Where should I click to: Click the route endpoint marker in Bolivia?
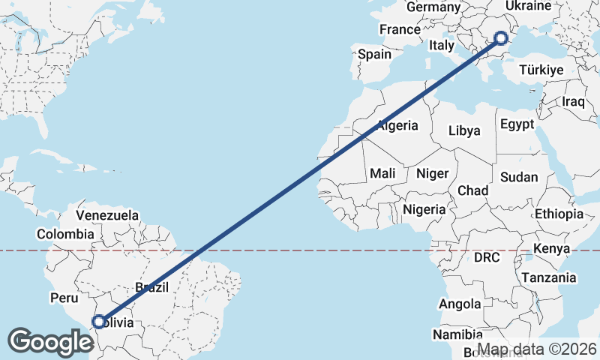click(98, 322)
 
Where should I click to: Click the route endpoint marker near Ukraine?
click(502, 37)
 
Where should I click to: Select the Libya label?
click(464, 130)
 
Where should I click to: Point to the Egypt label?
click(517, 124)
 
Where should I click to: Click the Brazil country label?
click(153, 286)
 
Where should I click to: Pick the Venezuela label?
click(107, 215)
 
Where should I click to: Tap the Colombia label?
click(65, 234)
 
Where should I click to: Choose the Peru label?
click(64, 298)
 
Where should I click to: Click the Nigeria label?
click(424, 209)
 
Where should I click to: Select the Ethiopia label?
click(559, 214)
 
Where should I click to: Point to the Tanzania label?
click(550, 277)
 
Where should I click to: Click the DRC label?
click(486, 258)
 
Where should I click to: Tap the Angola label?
click(460, 304)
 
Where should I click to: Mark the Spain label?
click(374, 54)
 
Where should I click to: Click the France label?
click(400, 30)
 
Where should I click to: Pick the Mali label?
click(382, 173)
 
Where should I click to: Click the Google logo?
click(51, 341)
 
